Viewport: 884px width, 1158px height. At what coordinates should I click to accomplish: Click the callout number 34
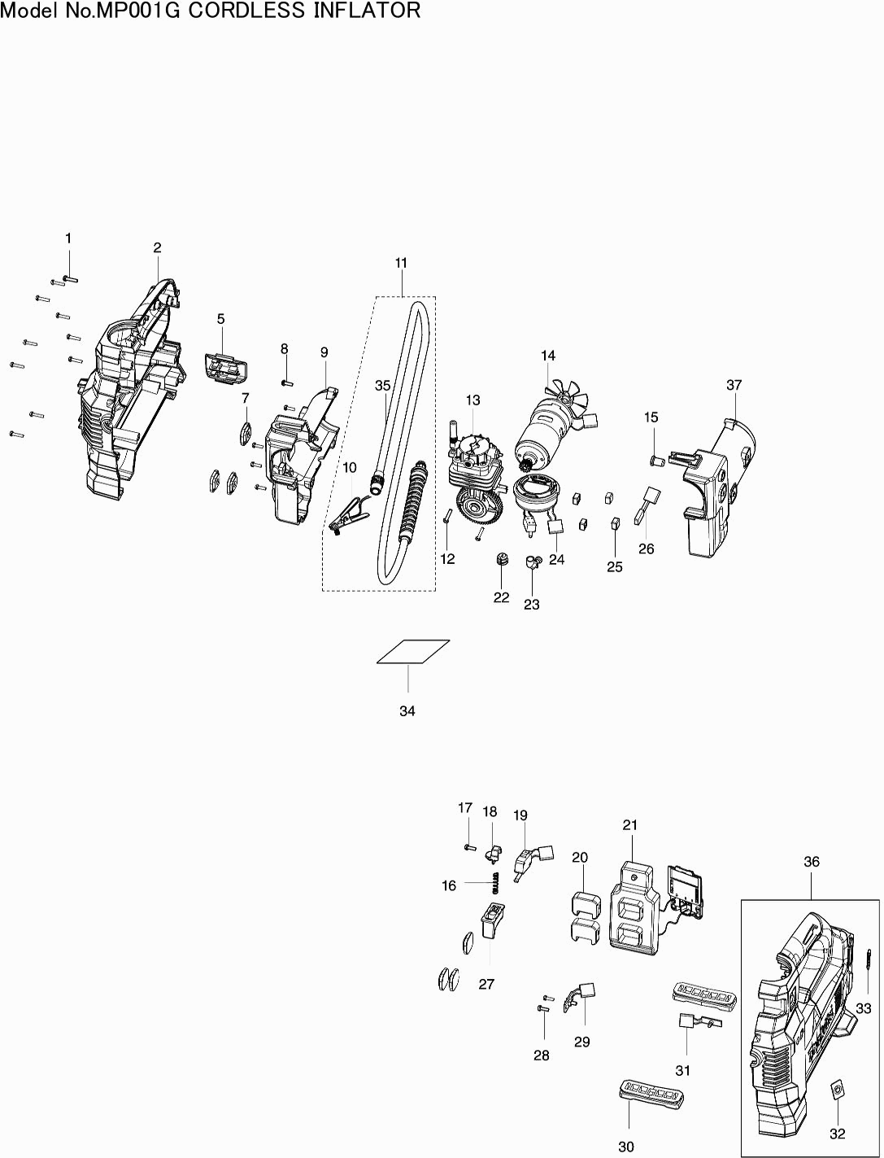tap(407, 711)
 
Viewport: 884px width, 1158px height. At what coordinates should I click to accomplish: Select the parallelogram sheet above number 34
tap(413, 652)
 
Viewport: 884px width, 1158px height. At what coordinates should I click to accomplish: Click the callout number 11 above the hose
tap(401, 263)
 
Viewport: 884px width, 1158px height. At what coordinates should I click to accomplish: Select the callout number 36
tap(812, 862)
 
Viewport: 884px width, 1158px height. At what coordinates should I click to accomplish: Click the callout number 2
tap(157, 247)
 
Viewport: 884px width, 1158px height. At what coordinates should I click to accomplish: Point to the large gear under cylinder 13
tap(479, 509)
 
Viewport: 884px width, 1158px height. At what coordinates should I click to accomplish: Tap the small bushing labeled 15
tap(658, 461)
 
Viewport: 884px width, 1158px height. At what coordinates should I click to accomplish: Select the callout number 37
tap(734, 384)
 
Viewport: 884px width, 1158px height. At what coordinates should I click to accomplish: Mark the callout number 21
tap(630, 825)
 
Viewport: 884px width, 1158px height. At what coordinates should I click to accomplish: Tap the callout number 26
tap(646, 548)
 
